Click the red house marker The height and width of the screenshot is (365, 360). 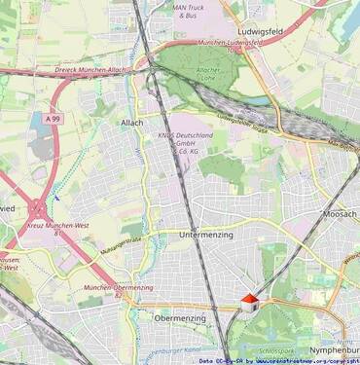(x=250, y=303)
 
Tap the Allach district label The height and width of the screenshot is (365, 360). (x=131, y=123)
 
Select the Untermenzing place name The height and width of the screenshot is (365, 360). (x=208, y=235)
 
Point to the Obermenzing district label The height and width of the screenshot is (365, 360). (x=180, y=318)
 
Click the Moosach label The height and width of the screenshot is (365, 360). (x=340, y=213)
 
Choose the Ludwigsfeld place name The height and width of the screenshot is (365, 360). (x=265, y=30)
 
